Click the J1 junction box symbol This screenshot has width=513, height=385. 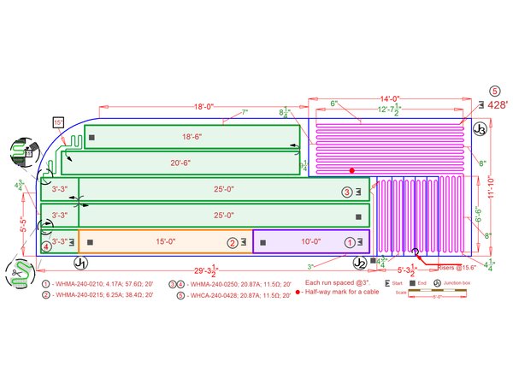coord(80,262)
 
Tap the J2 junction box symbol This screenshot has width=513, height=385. coord(360,263)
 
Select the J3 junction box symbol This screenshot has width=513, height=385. coord(481,130)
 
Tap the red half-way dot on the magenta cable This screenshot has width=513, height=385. coord(351,171)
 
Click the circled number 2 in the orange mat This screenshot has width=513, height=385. coord(232,242)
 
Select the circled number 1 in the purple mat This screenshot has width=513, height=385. coord(348,242)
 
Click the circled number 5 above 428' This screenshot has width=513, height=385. coord(493,90)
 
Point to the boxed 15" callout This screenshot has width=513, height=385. coord(58,122)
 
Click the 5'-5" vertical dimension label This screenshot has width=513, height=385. coord(23,227)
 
